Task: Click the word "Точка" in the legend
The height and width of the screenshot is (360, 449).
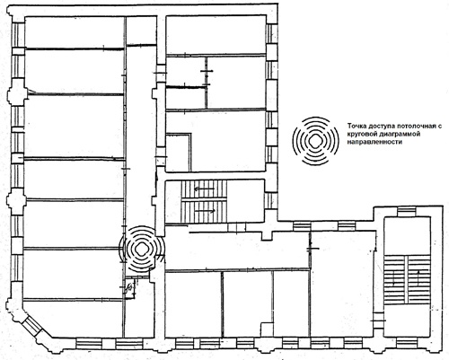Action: click(357, 127)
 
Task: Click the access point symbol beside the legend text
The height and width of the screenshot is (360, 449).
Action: click(315, 141)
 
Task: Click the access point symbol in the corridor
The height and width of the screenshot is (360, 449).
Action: click(141, 248)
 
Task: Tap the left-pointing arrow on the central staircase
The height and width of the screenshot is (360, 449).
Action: click(204, 189)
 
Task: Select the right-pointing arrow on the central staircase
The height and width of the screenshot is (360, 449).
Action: click(206, 211)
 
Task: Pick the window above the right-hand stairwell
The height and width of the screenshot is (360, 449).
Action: click(407, 213)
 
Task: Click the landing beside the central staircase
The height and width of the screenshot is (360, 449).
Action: click(246, 201)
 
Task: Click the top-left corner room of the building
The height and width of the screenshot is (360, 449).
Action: click(74, 32)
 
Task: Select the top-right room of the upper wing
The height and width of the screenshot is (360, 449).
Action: click(216, 35)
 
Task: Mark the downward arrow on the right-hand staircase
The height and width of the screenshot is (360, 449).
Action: click(394, 277)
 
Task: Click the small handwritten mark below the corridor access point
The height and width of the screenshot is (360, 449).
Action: click(129, 288)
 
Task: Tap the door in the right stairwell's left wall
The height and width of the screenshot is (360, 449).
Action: click(378, 320)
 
